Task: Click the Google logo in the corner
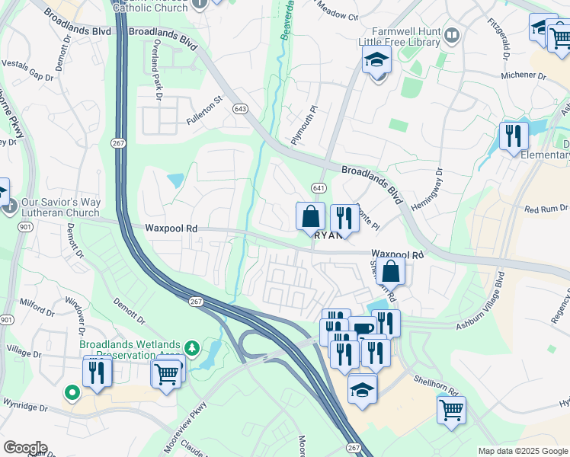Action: point(24,448)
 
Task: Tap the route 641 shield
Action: point(318,187)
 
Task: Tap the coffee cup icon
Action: point(363,328)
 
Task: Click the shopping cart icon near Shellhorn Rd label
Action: point(451,409)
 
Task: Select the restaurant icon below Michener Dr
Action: point(514,136)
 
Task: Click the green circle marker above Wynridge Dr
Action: point(72,393)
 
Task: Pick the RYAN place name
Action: point(328,236)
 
